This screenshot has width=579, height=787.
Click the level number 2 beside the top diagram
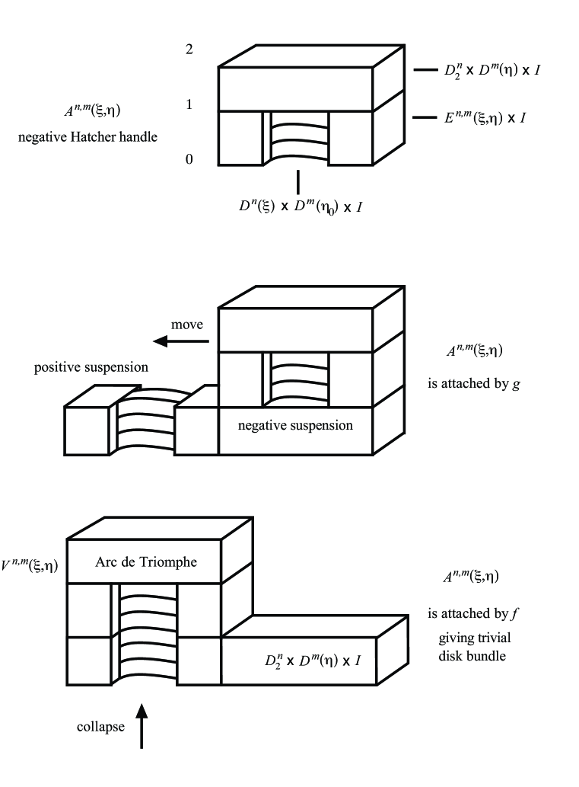click(189, 50)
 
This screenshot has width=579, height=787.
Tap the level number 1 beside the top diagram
click(189, 104)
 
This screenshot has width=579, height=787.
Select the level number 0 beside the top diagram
click(189, 159)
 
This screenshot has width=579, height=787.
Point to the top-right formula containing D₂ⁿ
click(492, 71)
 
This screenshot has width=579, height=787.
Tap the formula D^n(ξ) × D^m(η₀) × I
click(298, 206)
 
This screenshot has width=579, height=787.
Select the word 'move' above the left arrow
click(186, 325)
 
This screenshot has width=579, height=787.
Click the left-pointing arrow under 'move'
click(180, 341)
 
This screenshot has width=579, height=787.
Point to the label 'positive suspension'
click(91, 368)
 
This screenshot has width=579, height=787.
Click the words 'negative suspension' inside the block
click(295, 425)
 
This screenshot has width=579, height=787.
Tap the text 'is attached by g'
click(474, 384)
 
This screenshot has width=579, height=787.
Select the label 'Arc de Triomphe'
click(146, 562)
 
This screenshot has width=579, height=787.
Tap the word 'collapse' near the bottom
click(100, 727)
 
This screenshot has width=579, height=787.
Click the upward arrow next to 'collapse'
click(142, 726)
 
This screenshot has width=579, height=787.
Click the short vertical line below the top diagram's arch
click(297, 181)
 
